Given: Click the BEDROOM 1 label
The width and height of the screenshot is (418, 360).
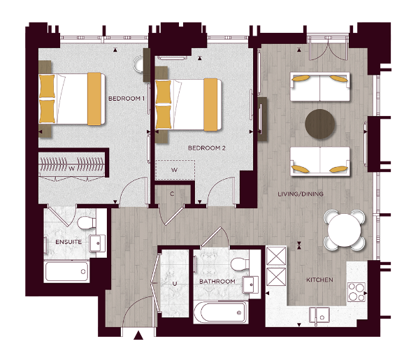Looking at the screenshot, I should click(126, 99).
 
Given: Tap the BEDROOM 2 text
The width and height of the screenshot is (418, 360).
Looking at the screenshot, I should click(207, 148).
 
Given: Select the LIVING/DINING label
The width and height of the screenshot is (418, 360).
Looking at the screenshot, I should click(300, 194).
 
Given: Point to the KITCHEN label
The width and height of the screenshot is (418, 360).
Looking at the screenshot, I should click(319, 280).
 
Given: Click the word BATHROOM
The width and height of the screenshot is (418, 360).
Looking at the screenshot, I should click(217, 282).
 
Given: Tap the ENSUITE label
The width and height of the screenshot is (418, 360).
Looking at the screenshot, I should click(68, 242).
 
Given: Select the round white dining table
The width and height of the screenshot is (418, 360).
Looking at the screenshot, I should click(345, 229).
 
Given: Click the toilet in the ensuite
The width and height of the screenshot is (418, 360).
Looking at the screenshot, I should click(87, 223).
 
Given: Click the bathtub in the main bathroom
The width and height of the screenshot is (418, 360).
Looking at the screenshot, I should click(219, 310).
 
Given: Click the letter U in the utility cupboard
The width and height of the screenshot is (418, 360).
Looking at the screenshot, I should click(175, 284).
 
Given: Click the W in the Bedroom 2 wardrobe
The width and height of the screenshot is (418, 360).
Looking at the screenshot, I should click(173, 169).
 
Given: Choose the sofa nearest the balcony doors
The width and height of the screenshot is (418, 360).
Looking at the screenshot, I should click(321, 87).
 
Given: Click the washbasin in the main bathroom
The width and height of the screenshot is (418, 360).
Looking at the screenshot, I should click(250, 284).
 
